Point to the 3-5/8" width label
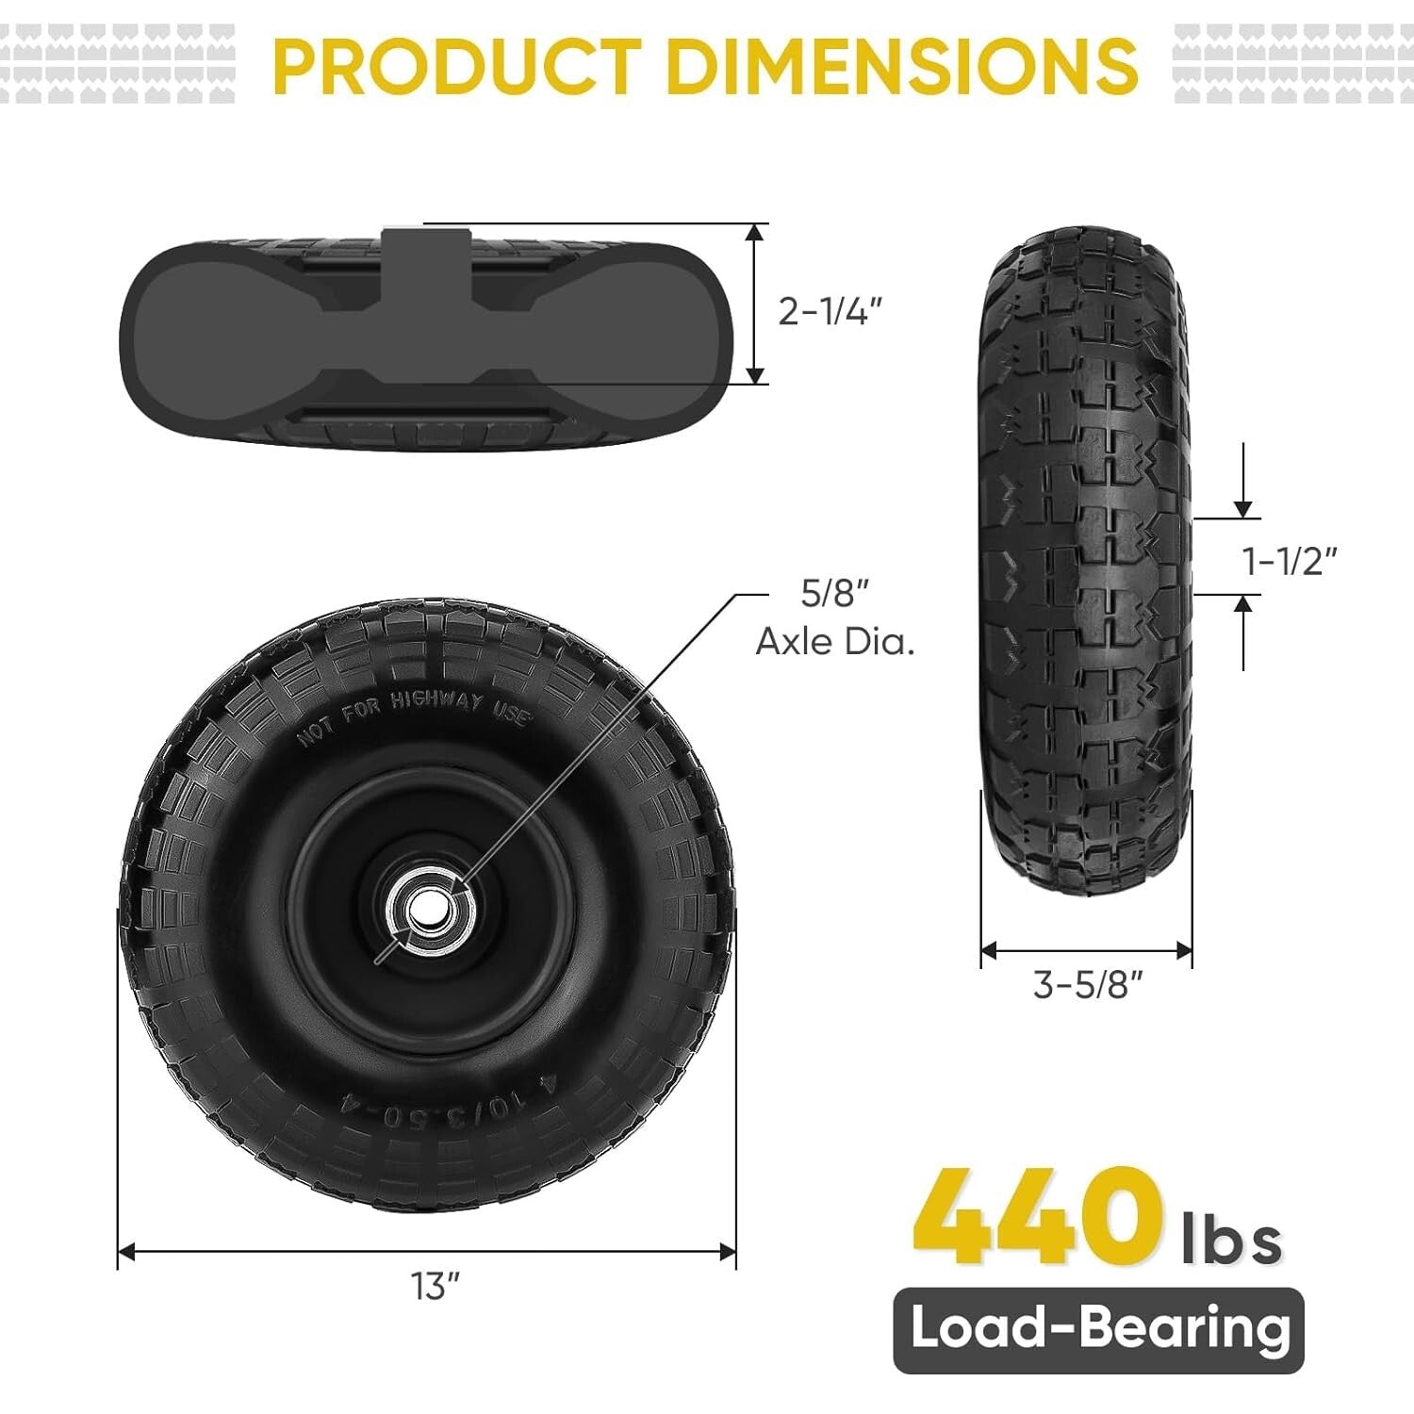click(x=1088, y=985)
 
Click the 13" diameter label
click(x=435, y=1286)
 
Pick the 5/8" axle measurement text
click(x=833, y=594)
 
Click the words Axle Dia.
click(x=835, y=642)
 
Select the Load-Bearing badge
click(x=1099, y=1329)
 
